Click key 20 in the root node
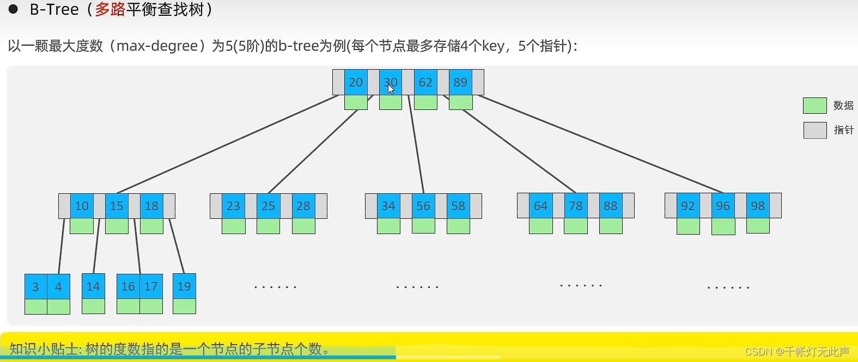(x=356, y=82)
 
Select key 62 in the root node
(x=425, y=82)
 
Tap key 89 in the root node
(x=460, y=82)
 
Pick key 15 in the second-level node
(x=117, y=206)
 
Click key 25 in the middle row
(x=268, y=206)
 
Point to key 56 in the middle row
(x=423, y=206)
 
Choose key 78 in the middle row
(x=576, y=206)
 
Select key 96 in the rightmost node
(x=723, y=206)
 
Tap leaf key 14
(x=93, y=286)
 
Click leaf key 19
(x=184, y=286)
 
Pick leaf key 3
(x=35, y=287)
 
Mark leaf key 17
(x=151, y=286)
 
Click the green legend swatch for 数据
(x=814, y=106)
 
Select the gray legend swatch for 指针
(x=814, y=130)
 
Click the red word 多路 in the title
(x=110, y=10)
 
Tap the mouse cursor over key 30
(x=391, y=89)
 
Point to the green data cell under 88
(x=611, y=226)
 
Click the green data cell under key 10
(x=82, y=226)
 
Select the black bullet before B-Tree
(x=13, y=9)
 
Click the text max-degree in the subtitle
(x=157, y=46)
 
